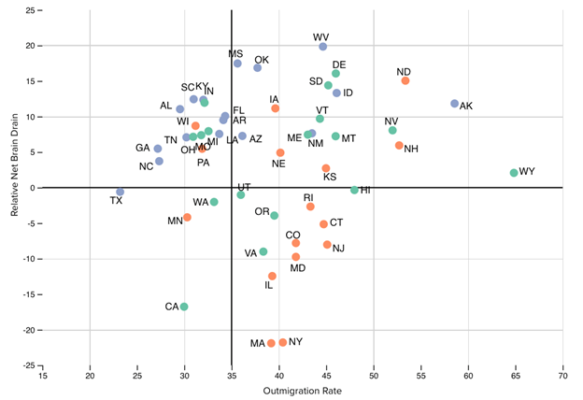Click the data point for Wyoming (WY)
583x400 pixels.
pyautogui.click(x=514, y=173)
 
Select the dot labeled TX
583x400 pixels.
pyautogui.click(x=120, y=192)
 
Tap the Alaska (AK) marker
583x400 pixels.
pyautogui.click(x=454, y=104)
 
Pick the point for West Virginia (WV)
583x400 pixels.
pyautogui.click(x=322, y=47)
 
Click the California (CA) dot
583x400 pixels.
pyautogui.click(x=184, y=307)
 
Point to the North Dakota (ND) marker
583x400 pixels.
pyautogui.click(x=405, y=81)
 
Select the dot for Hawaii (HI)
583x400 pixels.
pyautogui.click(x=354, y=190)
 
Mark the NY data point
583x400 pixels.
pyautogui.click(x=283, y=343)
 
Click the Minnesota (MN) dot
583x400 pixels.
pyautogui.click(x=187, y=217)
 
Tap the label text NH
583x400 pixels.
pyautogui.click(x=411, y=149)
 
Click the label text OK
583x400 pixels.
pyautogui.click(x=262, y=60)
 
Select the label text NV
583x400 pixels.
pyautogui.click(x=391, y=121)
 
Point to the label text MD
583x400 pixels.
pyautogui.click(x=298, y=268)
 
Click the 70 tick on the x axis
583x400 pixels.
pyautogui.click(x=562, y=378)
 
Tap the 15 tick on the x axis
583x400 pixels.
pyautogui.click(x=42, y=378)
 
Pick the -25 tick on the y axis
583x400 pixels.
pyautogui.click(x=29, y=365)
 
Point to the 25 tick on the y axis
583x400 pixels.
pyautogui.click(x=31, y=10)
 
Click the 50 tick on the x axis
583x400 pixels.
pyautogui.click(x=373, y=378)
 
